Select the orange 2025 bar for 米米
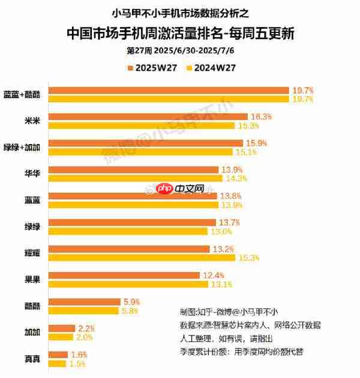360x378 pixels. pyautogui.click(x=148, y=116)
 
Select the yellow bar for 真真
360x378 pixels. pyautogui.click(x=57, y=364)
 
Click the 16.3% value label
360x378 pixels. pyautogui.click(x=262, y=116)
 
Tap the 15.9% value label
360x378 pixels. pyautogui.click(x=257, y=143)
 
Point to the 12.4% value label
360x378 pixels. pyautogui.click(x=214, y=275)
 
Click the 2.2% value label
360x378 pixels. pyautogui.click(x=86, y=328)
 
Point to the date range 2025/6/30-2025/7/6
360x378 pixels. pyautogui.click(x=192, y=50)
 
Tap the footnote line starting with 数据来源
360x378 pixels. pyautogui.click(x=250, y=325)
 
